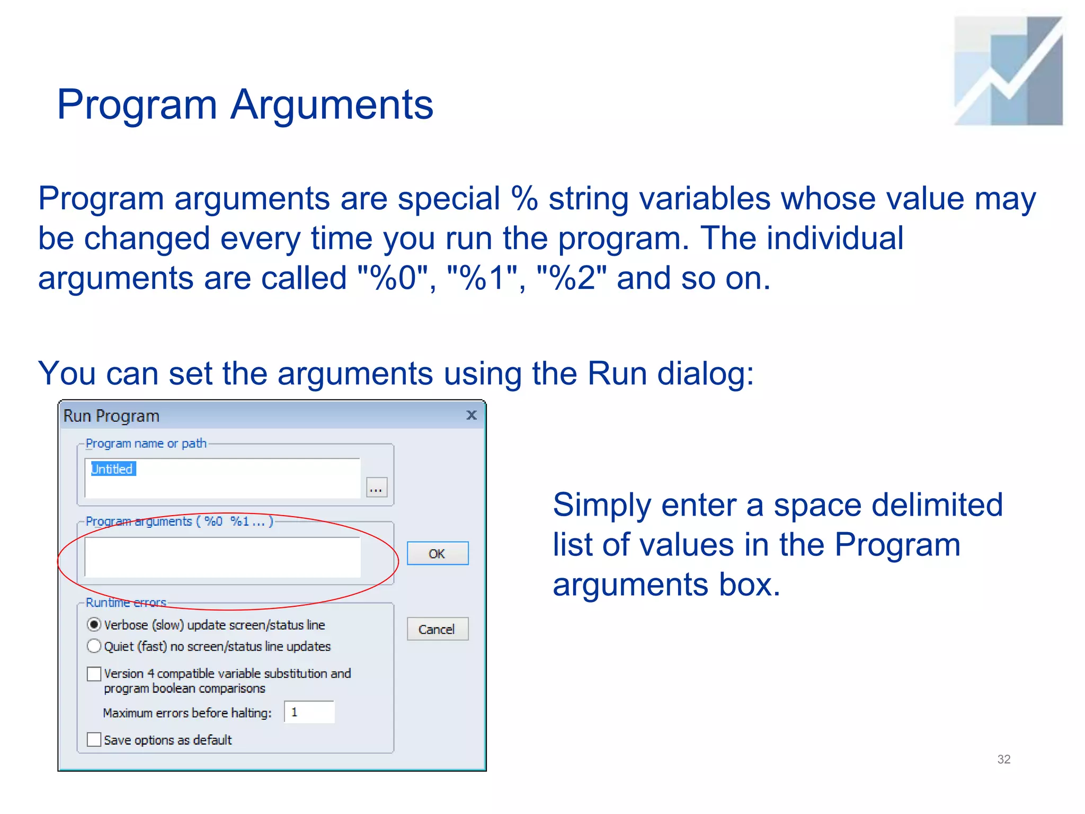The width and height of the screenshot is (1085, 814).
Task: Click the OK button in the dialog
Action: [437, 553]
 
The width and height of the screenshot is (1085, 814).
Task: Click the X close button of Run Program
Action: [472, 415]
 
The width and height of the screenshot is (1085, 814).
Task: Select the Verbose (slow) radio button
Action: [94, 625]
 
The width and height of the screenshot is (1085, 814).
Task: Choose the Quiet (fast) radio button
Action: [94, 646]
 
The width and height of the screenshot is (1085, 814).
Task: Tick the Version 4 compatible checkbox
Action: [94, 674]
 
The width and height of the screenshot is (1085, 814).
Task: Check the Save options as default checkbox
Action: [94, 739]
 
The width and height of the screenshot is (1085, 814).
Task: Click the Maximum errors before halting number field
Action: [309, 712]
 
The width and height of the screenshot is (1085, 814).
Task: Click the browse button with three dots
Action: [376, 488]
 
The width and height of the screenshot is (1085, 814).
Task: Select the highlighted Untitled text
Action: [113, 469]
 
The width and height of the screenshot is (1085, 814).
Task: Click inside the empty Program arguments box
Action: [223, 557]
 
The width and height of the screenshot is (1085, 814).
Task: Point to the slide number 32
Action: [1003, 759]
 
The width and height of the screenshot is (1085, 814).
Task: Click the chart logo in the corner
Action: [1008, 71]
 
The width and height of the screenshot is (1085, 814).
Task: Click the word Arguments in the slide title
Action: [332, 104]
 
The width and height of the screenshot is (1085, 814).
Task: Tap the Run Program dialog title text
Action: [111, 416]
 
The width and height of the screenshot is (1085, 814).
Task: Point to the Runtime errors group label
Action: [126, 603]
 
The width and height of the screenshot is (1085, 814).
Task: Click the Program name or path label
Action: [146, 444]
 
